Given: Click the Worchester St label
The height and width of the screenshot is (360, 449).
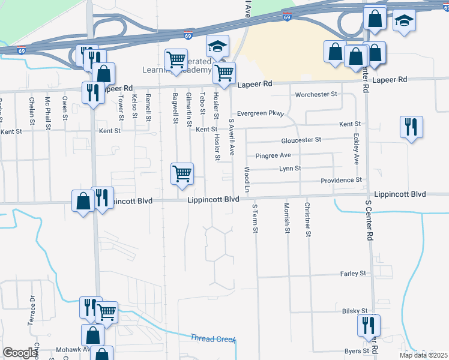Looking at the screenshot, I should [316, 95].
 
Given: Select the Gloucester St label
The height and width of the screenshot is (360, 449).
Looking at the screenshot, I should [301, 140].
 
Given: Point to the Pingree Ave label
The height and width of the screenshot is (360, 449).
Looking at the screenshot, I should [273, 155].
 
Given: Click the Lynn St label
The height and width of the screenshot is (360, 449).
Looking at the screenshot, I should [290, 169].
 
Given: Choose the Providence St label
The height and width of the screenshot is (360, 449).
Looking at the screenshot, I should [341, 180].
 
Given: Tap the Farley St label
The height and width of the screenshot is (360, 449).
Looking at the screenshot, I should [353, 274].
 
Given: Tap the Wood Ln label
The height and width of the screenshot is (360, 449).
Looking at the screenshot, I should [247, 180].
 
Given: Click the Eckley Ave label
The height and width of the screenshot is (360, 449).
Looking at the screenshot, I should [356, 151].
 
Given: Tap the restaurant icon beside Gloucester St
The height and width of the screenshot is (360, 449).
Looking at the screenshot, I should [412, 127].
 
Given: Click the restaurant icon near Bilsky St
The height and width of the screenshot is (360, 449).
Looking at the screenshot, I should [368, 325].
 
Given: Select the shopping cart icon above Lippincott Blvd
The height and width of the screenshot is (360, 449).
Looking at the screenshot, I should [182, 174].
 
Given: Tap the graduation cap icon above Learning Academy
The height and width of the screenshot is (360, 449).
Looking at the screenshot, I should [217, 46].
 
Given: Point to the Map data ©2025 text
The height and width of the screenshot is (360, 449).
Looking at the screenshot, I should [423, 355].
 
